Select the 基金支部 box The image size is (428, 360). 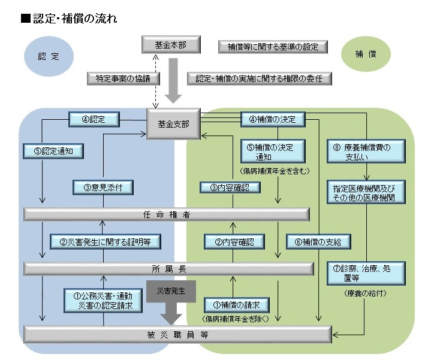tap(173, 124)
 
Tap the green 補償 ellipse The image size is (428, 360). tap(366, 54)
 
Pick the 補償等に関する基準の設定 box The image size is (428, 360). tap(273, 46)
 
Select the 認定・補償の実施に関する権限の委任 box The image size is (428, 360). tap(259, 78)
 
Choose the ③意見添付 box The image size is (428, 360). tap(103, 187)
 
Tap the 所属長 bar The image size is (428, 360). tap(168, 268)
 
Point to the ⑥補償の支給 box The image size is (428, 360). tap(318, 242)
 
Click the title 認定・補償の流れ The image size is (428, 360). tap(68, 19)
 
